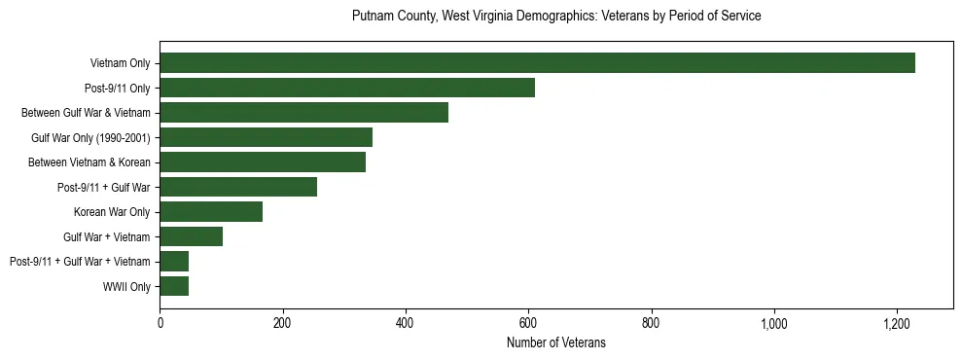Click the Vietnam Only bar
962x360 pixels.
tap(537, 63)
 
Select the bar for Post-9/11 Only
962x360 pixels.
tap(347, 88)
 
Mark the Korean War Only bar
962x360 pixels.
tap(211, 212)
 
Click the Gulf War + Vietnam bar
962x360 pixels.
tap(191, 236)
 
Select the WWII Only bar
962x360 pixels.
tap(174, 286)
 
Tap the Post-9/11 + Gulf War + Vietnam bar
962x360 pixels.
tap(174, 262)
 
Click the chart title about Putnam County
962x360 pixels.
tap(555, 17)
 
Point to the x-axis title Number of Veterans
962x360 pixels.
tap(555, 342)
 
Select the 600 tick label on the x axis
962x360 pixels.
tap(528, 323)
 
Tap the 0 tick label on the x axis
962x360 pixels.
tap(160, 323)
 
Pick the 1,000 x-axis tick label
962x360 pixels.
tap(774, 323)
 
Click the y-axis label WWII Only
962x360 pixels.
tap(126, 286)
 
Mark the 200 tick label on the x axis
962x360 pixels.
tap(282, 323)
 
